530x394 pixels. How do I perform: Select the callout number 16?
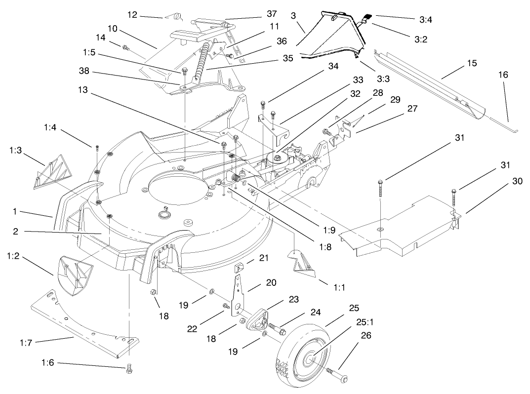point(503,75)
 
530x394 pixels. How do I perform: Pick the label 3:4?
point(426,19)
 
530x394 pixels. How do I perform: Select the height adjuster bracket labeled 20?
point(240,296)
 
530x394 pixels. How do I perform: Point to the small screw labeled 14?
point(125,48)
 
